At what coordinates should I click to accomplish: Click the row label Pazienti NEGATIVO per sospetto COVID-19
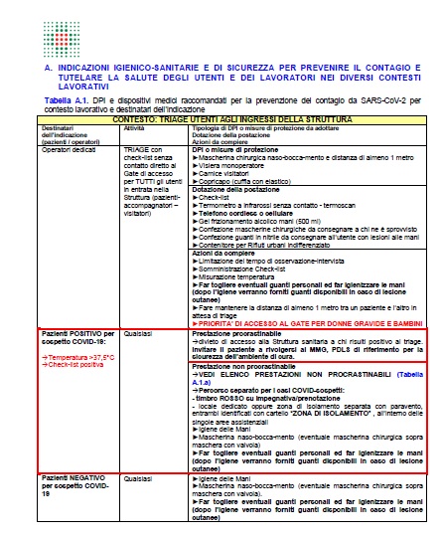tap(74, 484)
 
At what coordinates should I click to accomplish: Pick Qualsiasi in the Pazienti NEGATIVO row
tap(136, 479)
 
